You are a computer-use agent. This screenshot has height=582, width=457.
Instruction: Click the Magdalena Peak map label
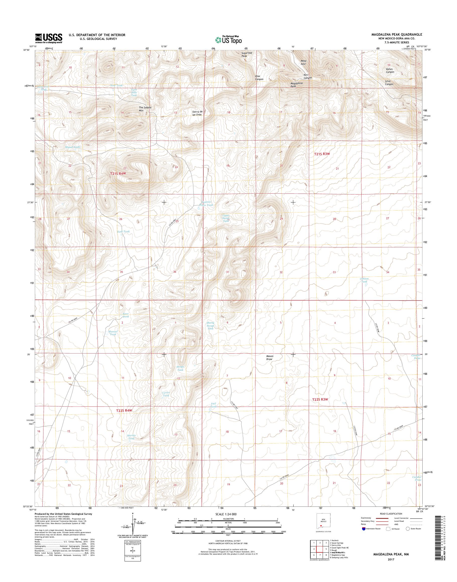pyautogui.click(x=297, y=85)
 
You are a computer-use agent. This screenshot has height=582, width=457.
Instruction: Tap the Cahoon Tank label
pyautogui.click(x=364, y=280)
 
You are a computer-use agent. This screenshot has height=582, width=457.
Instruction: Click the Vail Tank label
pyautogui.click(x=213, y=405)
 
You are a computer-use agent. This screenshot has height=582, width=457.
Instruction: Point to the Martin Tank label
pyautogui.click(x=131, y=437)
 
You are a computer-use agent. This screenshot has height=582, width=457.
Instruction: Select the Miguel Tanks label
pyautogui.click(x=73, y=147)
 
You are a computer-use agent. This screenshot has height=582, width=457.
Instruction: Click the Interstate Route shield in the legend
pyautogui.click(x=363, y=529)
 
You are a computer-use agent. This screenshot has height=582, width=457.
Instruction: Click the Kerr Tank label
pyautogui.click(x=126, y=315)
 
